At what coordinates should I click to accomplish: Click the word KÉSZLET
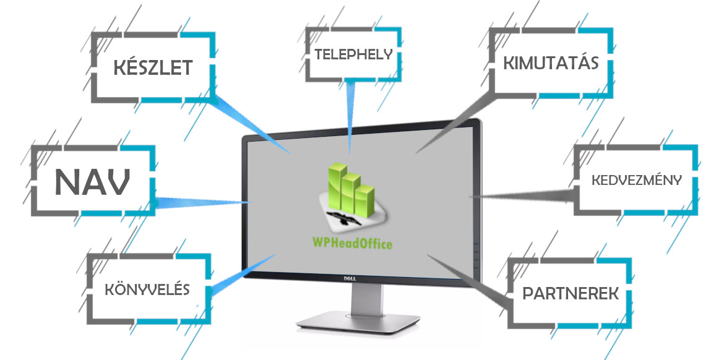[x=153, y=67]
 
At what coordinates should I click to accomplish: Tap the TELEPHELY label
[x=354, y=54]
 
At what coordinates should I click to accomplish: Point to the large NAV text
[x=92, y=181]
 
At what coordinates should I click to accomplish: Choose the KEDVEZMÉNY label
[x=637, y=180]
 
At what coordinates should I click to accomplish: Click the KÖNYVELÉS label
[x=148, y=289]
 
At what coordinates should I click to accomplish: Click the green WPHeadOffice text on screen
[x=352, y=242]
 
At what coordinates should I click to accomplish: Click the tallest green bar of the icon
[x=337, y=182]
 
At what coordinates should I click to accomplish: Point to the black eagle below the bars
[x=343, y=218]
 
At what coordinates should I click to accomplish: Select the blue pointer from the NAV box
[x=202, y=202]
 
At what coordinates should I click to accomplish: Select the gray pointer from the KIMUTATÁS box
[x=455, y=121]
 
